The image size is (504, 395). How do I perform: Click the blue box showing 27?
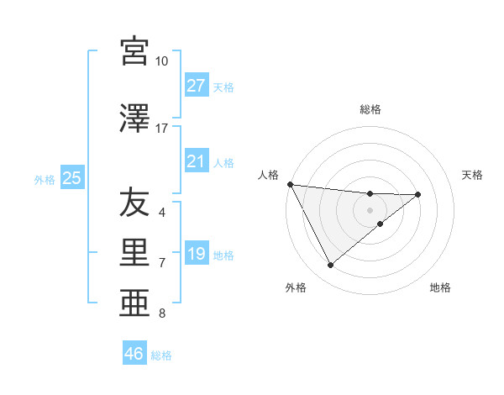197,86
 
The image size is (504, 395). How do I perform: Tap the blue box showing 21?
197,161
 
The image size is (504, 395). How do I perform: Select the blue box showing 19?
197,254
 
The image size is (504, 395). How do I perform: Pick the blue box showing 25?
71,178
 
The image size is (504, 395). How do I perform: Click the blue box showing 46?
134,354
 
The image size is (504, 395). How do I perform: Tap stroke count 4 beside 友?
162,212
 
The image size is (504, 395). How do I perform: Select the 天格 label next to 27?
223,87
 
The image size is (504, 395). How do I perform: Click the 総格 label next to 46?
161,355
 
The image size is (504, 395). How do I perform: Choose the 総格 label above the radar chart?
370,110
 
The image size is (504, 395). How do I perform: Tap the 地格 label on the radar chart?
440,287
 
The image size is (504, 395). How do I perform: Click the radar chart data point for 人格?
290,184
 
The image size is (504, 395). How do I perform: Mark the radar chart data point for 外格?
330,265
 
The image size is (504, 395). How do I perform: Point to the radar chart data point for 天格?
418,194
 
